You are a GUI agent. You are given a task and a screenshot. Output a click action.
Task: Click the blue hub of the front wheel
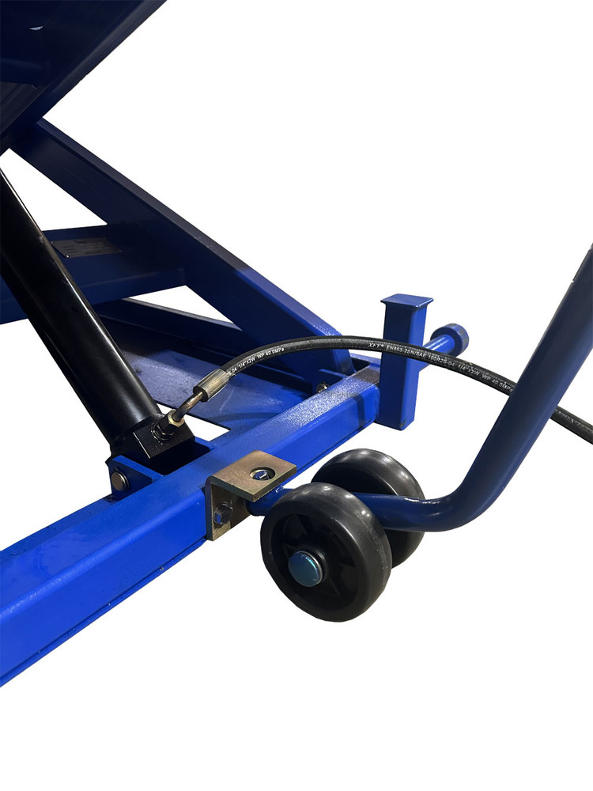tap(305, 567)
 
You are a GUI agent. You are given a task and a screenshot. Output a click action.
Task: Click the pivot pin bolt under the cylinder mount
tap(119, 479)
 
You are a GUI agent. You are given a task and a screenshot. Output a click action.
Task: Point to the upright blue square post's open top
tap(406, 301)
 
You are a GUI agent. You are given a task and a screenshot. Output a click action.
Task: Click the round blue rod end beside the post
tap(456, 339)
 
